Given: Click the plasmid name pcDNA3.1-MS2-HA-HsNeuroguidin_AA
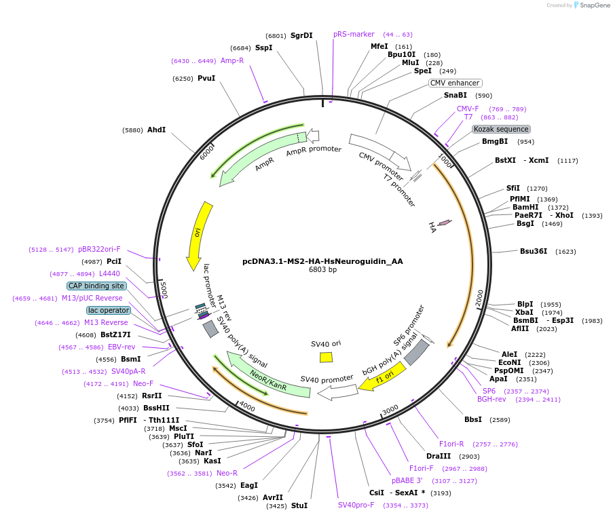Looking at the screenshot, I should point(322,261).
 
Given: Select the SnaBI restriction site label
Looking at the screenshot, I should point(455,96).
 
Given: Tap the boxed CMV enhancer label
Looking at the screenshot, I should point(455,83).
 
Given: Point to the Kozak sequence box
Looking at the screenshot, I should point(501,129).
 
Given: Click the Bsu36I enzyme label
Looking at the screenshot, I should point(534,251).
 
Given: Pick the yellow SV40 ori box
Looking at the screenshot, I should point(326,357).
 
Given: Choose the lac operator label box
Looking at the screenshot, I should point(108,310).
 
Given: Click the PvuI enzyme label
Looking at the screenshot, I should point(206,78).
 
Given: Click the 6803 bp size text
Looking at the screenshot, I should point(322,269).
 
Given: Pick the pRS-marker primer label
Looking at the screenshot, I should point(354,34).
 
